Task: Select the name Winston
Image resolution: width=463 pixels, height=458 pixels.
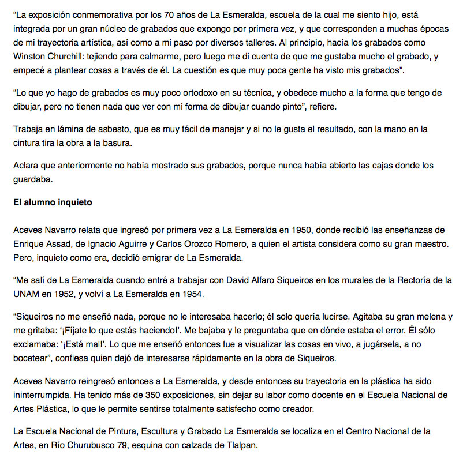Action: tap(30, 57)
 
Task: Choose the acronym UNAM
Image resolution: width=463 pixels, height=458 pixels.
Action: tap(28, 294)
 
